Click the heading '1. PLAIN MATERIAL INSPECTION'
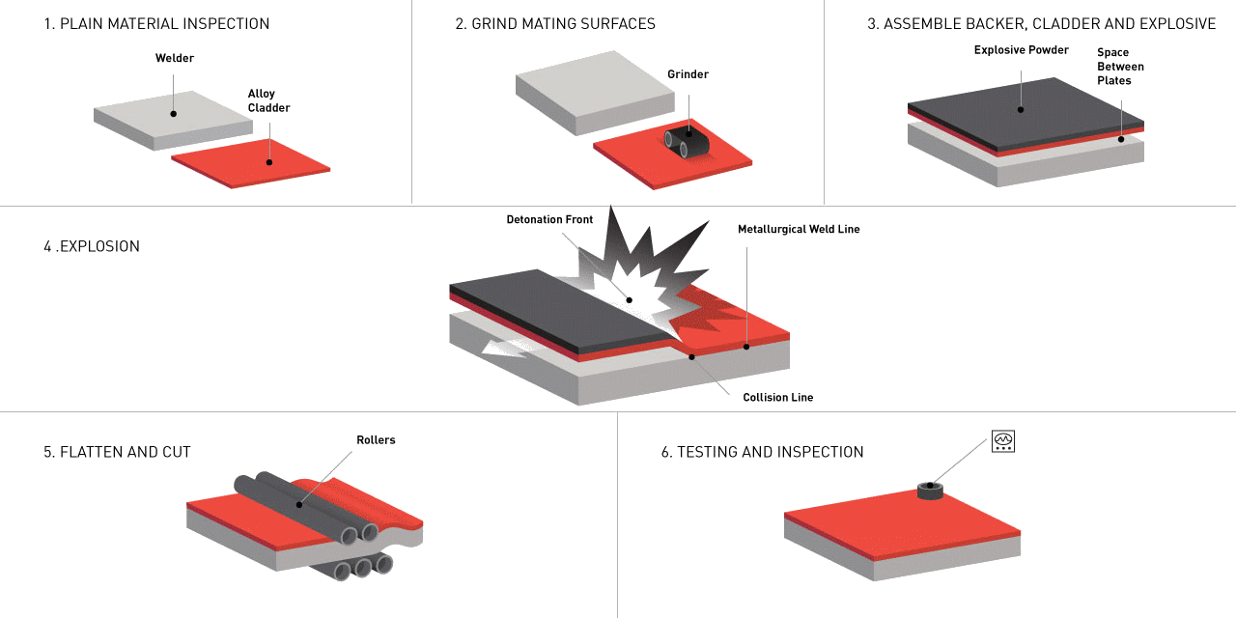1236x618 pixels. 156,24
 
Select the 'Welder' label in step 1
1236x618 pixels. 174,59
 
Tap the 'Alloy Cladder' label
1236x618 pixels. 268,100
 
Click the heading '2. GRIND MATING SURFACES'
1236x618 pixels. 555,24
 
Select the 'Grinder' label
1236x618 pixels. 688,74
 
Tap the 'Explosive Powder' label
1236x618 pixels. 1021,50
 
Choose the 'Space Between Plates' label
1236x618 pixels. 1120,67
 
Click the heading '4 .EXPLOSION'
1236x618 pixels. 92,246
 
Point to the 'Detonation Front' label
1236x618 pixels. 549,220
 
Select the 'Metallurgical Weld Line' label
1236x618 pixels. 799,230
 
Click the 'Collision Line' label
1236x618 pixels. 777,397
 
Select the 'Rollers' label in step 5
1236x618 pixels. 376,440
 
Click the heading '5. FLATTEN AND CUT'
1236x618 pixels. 117,452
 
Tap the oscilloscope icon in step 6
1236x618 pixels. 1003,441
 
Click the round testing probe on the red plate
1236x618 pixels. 929,492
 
